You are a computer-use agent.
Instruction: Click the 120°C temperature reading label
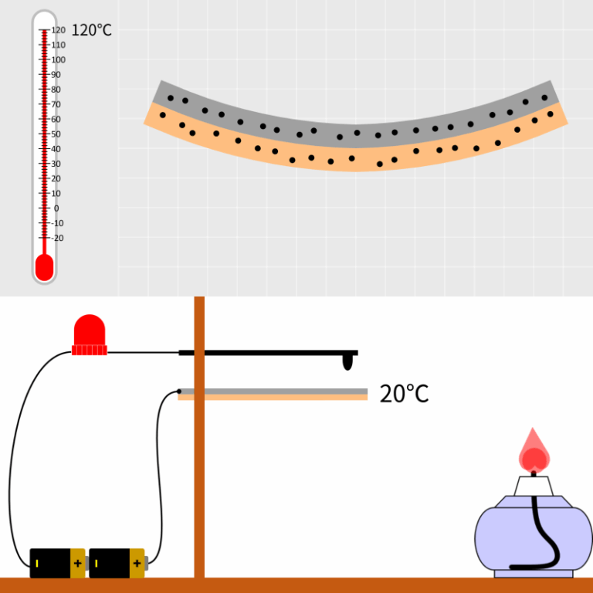coord(91,31)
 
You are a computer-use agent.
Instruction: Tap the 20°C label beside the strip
coord(404,394)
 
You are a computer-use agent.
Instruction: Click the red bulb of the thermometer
coord(44,268)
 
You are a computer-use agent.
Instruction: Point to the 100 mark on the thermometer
coord(58,60)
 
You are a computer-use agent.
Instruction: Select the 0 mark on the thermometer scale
coord(56,208)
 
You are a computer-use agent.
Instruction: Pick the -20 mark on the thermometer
coord(58,238)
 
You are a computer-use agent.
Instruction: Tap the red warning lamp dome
coord(89,330)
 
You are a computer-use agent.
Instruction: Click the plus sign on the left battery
coord(77,564)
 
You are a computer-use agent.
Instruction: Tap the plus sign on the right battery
coord(137,564)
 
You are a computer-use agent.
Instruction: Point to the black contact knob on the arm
coord(349,361)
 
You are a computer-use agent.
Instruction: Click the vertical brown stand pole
coord(199,463)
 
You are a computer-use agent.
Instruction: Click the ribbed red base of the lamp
coord(89,351)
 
